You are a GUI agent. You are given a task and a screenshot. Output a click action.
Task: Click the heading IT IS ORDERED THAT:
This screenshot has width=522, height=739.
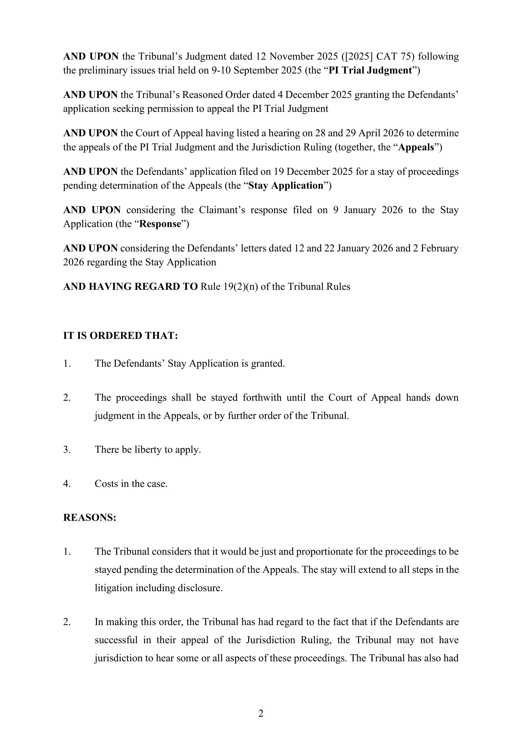pos(121,336)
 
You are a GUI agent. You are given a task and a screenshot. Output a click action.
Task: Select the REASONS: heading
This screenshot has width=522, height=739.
pos(89,518)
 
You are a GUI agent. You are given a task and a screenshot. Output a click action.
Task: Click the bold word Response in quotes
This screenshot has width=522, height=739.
pos(161,224)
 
